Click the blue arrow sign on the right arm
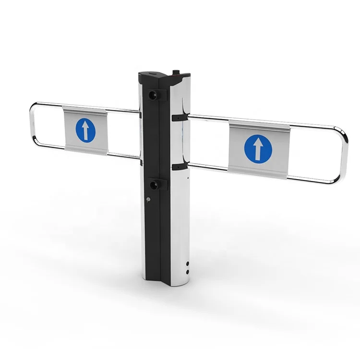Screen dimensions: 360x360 click(258, 148)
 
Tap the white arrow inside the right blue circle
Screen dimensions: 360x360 click(258, 148)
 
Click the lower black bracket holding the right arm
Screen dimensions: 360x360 click(178, 167)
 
